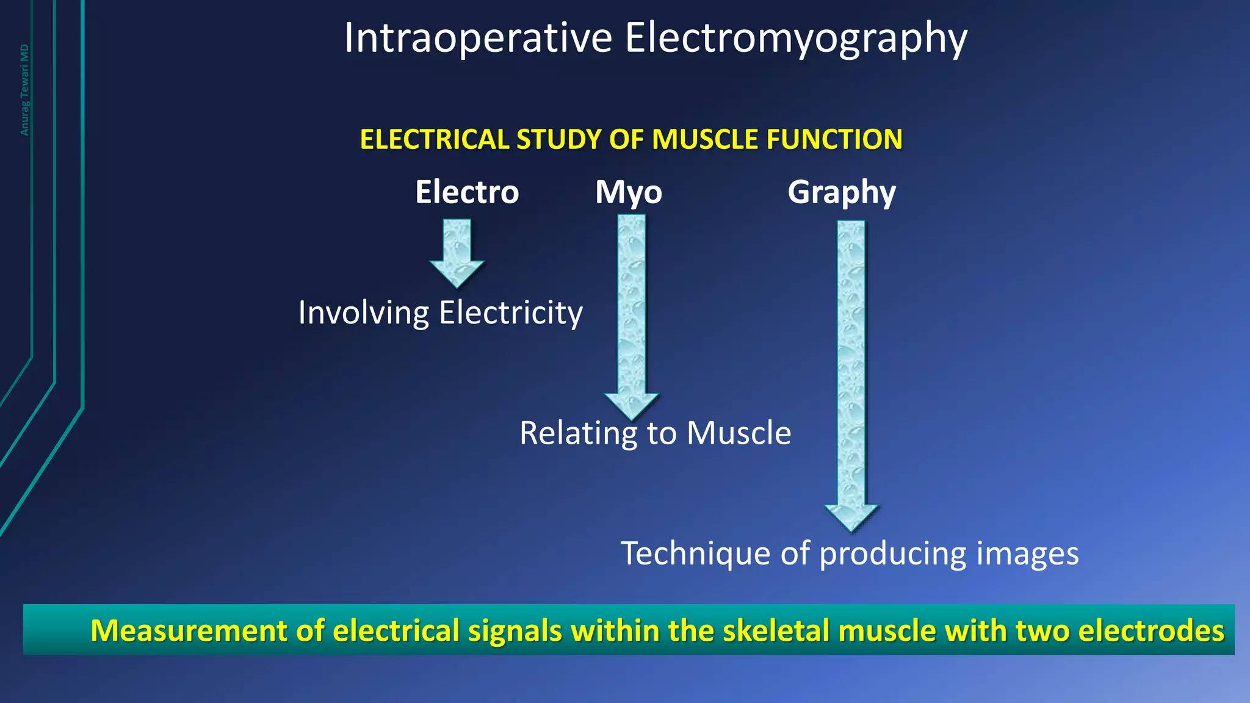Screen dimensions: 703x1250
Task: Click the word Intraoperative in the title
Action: pos(478,38)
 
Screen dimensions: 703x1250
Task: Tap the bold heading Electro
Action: pos(467,192)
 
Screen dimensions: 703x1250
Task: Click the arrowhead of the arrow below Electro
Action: pos(457,273)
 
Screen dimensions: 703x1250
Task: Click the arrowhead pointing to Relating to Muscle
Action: pos(631,405)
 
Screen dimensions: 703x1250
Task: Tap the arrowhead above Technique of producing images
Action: pos(851,517)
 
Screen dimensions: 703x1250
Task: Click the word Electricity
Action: pos(511,313)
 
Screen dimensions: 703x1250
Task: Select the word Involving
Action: pos(364,314)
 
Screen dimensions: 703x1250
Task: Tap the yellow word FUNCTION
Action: pos(834,140)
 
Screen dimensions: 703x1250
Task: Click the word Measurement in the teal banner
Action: pos(189,630)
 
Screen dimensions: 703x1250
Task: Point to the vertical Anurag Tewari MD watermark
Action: pos(24,90)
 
